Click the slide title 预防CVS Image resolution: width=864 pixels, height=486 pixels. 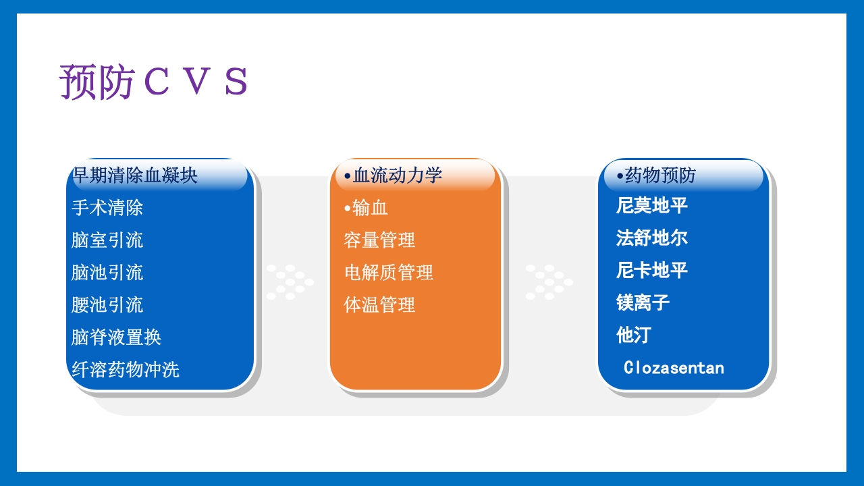pos(153,82)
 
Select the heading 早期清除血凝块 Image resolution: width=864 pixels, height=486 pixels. pos(134,175)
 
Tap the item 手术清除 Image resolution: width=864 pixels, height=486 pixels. pos(107,207)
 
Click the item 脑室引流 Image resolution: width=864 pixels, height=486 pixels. pos(107,240)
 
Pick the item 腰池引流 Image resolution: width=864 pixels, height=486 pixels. pos(107,304)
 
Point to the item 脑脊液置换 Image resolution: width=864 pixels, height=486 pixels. pos(116,337)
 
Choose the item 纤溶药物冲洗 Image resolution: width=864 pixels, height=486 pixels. pos(126,369)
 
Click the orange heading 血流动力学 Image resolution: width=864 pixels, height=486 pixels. pos(393,175)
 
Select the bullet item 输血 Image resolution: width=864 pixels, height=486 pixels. pos(366,207)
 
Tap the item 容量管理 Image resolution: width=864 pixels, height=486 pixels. pos(379,240)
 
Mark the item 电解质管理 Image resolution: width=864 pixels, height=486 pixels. pos(389,272)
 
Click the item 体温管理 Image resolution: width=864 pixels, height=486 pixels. pos(379,304)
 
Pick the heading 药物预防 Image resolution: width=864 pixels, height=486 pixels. pos(656,175)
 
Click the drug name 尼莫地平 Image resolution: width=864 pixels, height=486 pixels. pos(652,205)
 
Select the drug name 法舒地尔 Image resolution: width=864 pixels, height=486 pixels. pos(652,238)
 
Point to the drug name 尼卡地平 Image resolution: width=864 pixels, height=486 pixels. pos(652,270)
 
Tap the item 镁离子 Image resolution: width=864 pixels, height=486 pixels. pos(643,302)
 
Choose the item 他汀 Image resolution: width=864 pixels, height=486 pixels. pos(634,335)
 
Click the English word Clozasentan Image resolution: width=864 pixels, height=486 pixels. pos(674,368)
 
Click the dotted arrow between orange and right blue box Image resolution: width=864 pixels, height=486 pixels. pos(549,282)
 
